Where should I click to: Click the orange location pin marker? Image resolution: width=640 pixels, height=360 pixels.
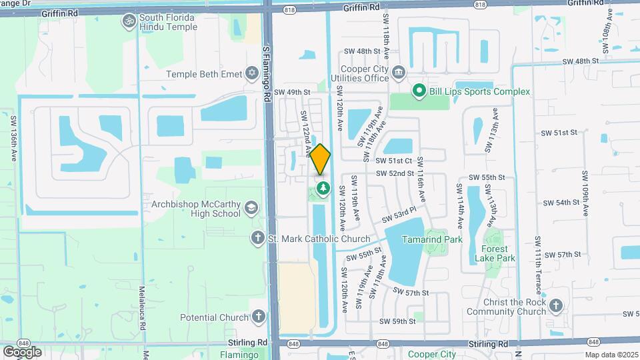click(x=321, y=159)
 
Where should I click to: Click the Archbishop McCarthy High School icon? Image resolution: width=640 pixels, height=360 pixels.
click(x=251, y=207)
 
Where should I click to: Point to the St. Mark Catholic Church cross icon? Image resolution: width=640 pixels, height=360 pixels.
click(x=258, y=238)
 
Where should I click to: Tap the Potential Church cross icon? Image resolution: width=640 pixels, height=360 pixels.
click(x=258, y=317)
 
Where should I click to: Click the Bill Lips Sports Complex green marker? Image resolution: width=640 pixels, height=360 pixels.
click(x=419, y=91)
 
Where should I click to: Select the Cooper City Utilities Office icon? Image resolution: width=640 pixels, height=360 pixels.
click(x=399, y=71)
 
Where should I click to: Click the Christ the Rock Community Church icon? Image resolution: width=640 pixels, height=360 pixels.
click(x=556, y=305)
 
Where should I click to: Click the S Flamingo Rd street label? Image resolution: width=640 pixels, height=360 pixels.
click(x=266, y=73)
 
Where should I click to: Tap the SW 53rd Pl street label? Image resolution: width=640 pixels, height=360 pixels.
click(x=399, y=215)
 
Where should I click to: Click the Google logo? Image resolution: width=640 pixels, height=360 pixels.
click(x=22, y=351)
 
